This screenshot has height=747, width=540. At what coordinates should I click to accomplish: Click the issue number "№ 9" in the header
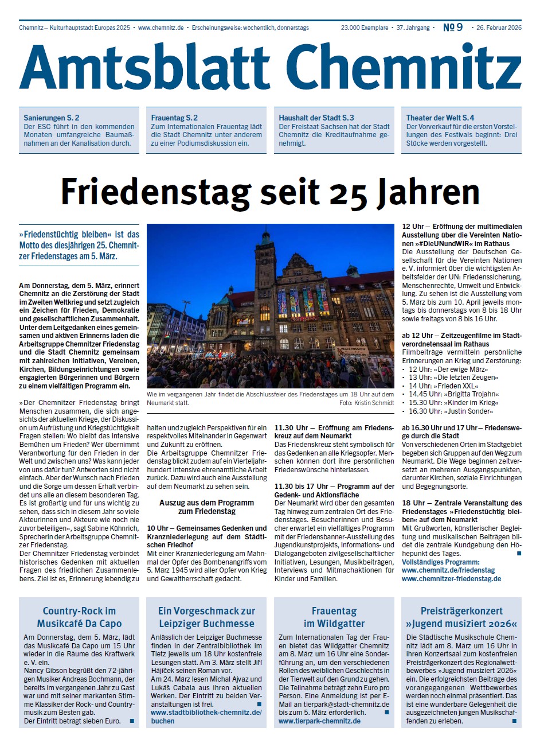click(x=453, y=28)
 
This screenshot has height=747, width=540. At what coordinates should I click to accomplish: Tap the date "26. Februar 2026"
click(x=498, y=28)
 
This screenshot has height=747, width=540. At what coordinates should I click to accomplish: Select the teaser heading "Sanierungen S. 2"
click(x=52, y=118)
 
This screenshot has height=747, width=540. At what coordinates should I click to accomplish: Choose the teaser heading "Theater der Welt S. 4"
click(x=440, y=118)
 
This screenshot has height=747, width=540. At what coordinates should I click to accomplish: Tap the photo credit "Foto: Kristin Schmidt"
click(x=366, y=403)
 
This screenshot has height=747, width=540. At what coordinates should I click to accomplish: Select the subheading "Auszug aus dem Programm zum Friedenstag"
click(x=207, y=507)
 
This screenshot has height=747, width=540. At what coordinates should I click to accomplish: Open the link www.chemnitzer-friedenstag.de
click(x=452, y=579)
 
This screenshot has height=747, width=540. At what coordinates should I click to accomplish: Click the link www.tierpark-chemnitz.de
click(x=319, y=721)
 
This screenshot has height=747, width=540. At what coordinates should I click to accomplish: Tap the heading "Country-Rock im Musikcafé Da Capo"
click(x=79, y=617)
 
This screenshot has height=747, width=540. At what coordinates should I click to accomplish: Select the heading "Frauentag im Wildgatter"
click(x=334, y=617)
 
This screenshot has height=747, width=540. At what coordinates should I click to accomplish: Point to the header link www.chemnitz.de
click(x=161, y=28)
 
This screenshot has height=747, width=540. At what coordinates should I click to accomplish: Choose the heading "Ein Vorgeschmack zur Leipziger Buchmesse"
click(x=206, y=617)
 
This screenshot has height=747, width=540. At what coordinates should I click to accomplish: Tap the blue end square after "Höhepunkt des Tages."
click(x=519, y=553)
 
